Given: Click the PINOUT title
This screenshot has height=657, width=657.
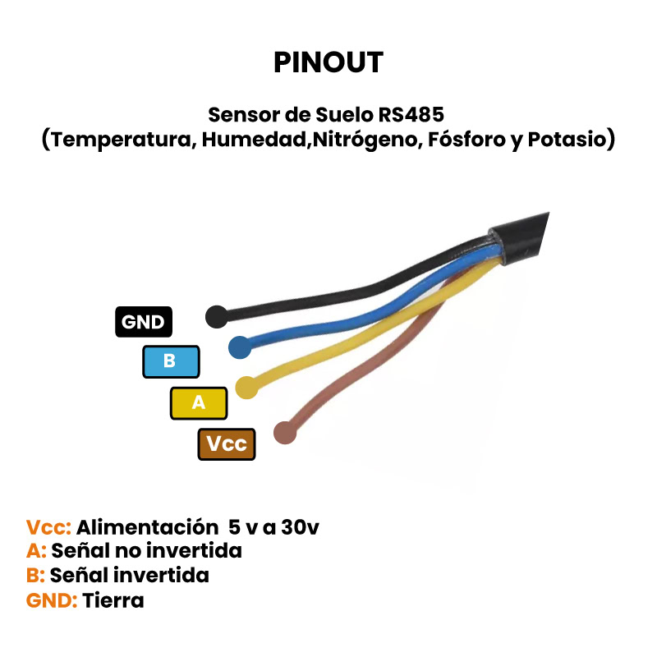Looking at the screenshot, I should pos(328,62).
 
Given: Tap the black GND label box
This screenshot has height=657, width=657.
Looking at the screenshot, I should pos(143,322).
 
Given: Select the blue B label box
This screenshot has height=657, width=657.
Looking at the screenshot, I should pos(171,361).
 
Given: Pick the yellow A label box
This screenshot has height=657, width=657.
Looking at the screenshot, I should pos(198,402).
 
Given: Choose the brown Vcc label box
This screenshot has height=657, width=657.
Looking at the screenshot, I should pos(227,444).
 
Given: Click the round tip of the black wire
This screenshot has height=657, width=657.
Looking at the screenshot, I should pos(216,316).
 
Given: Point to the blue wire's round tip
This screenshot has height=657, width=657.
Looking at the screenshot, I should pos(240,347).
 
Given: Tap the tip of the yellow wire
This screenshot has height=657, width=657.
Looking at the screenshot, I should pos(246,386).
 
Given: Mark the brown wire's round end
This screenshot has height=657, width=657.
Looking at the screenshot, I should pos(284,432).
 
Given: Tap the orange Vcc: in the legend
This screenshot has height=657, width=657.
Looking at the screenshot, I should pos(49,526).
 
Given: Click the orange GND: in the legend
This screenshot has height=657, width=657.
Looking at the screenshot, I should pos(52,600).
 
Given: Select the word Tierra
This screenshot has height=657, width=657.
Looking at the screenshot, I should pos(113,600).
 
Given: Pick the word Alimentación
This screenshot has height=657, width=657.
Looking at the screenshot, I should pos(140,526).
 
